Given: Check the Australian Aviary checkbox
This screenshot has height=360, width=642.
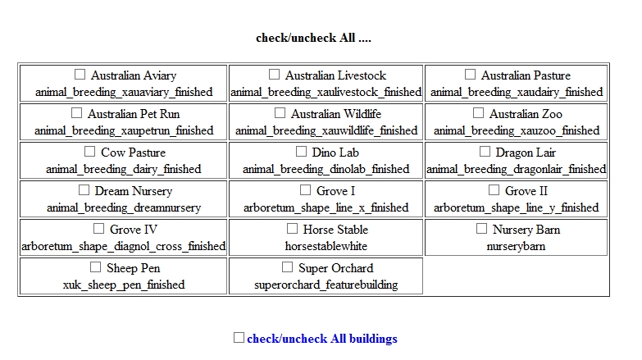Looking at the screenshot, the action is (80, 75).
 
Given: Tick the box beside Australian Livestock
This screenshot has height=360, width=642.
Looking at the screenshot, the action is (275, 75).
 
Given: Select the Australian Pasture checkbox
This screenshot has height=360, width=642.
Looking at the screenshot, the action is (470, 75).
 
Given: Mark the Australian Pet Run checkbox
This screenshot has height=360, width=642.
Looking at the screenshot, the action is (76, 113).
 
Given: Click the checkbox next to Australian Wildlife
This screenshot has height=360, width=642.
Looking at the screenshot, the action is (280, 113).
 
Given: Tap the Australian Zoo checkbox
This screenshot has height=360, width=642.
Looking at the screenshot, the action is (478, 113).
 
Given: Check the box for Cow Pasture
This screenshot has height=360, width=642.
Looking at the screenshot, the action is (89, 152).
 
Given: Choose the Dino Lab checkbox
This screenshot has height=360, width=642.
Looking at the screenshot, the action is (301, 152).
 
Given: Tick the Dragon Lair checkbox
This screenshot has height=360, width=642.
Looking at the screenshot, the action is (485, 152).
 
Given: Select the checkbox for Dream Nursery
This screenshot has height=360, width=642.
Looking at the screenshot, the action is (84, 190).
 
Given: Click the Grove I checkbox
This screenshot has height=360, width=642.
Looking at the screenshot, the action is (306, 190).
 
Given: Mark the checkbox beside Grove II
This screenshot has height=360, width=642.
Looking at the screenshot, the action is (494, 190).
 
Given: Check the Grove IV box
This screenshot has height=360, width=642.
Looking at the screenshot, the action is (98, 229).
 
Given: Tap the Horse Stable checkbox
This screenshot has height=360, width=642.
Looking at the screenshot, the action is (293, 229).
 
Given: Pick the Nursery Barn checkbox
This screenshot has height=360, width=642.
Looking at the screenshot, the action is (481, 229).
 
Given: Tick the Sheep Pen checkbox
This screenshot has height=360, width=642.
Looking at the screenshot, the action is (95, 267).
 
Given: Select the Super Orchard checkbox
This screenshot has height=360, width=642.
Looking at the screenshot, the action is (288, 267).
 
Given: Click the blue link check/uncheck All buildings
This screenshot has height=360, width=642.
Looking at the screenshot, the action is (322, 339).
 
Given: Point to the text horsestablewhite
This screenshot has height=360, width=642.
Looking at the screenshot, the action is (326, 246).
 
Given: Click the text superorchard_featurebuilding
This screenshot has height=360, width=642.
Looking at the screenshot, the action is (326, 285).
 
